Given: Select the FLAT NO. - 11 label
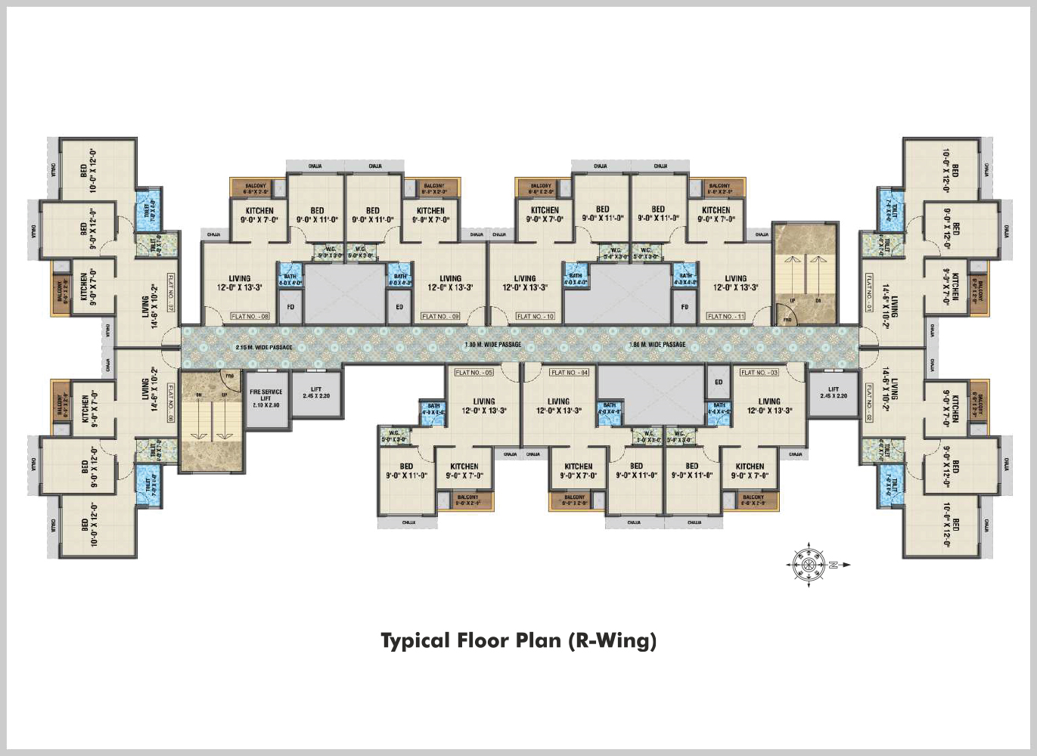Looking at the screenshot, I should [725, 317].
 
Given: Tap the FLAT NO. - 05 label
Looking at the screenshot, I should [473, 373].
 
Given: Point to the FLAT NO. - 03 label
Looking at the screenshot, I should [759, 373].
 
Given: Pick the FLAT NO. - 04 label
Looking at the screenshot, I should [570, 373].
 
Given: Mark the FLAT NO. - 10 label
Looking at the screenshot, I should [536, 317].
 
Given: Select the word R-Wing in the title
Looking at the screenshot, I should [611, 641].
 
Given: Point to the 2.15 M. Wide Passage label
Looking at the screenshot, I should [264, 348].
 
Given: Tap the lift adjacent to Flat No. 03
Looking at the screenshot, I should [833, 394].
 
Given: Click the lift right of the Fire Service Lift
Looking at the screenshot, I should [316, 394].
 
